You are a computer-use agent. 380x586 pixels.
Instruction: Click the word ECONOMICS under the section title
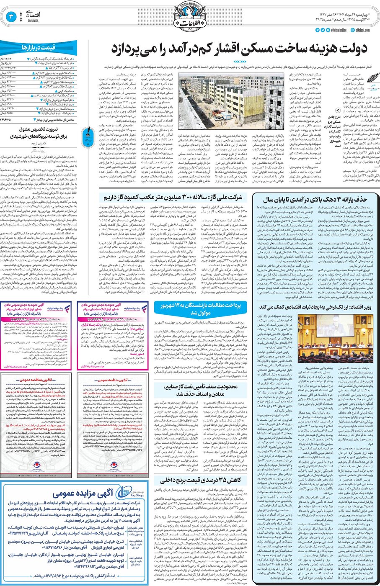[x=32, y=20]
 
